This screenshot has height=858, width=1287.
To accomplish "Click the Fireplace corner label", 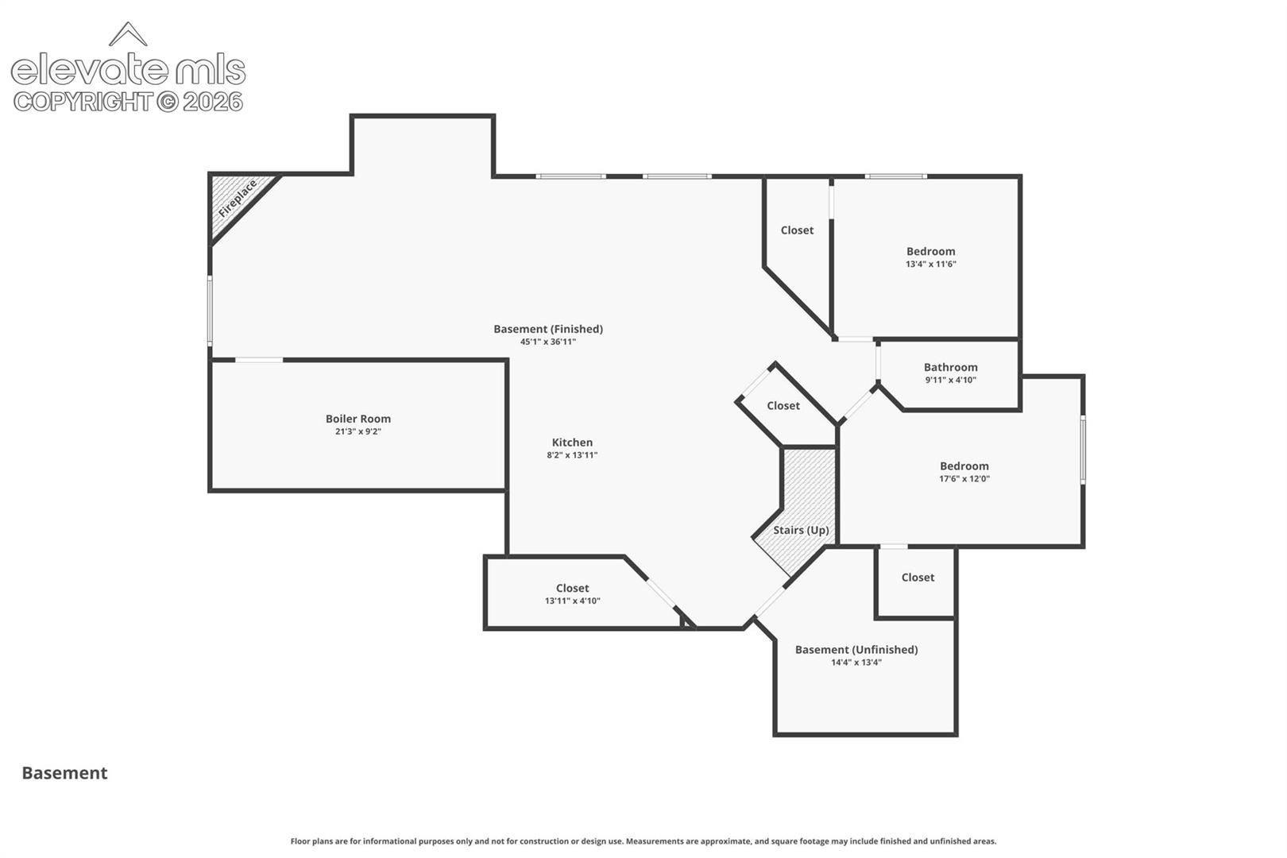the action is tap(238, 199).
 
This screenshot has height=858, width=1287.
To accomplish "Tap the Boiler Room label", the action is tap(358, 419).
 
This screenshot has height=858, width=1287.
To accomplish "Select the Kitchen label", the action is tap(572, 443).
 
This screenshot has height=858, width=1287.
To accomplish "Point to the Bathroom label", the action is tap(950, 367).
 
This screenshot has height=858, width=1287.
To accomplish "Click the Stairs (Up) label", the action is tap(801, 530).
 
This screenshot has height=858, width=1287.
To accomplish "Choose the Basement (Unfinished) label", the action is tap(856, 649).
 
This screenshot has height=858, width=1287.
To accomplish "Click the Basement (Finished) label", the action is tap(548, 329).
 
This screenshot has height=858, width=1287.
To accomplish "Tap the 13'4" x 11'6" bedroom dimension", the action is tap(931, 265).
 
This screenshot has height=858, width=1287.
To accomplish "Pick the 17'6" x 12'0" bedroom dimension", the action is tap(964, 479).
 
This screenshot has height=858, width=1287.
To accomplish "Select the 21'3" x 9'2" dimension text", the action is tap(358, 431).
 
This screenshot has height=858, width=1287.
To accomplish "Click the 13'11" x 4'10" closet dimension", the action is tap(572, 601).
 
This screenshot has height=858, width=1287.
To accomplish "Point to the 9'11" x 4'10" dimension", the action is tap(950, 380).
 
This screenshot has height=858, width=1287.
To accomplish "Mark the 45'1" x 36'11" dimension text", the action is tap(548, 342).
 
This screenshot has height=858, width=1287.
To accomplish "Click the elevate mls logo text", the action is tap(128, 69).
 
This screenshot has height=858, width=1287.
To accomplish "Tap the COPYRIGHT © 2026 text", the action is tap(128, 102).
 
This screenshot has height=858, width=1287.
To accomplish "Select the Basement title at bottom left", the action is tap(64, 773).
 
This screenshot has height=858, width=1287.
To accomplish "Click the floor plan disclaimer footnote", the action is tap(643, 841).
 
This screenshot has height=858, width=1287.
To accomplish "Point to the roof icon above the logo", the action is tap(128, 34).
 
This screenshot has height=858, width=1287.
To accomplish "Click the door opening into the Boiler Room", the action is tap(259, 361).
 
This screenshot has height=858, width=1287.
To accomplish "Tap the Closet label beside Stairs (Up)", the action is tap(783, 406).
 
